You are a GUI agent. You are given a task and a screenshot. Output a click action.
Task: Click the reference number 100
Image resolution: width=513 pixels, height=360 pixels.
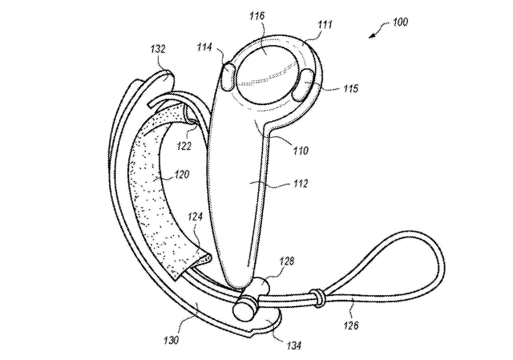tap(400, 22)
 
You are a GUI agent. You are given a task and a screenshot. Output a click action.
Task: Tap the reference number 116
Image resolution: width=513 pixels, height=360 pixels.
tap(256, 16)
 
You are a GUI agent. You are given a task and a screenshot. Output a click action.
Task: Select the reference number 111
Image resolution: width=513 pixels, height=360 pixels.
tap(325, 25)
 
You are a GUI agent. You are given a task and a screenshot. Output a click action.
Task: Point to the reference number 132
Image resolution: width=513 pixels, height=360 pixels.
tap(158, 49)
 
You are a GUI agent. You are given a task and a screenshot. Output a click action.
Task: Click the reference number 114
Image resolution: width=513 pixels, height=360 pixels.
tap(204, 47)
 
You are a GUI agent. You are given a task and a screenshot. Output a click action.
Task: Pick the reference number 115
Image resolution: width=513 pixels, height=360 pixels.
tap(350, 88)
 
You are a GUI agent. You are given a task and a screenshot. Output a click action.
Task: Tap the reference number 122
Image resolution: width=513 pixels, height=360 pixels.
tap(184, 145)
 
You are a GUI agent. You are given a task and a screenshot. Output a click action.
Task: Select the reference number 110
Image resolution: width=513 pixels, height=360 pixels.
tap(301, 151)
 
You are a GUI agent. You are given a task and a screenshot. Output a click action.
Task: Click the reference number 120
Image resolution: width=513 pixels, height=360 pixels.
tap(182, 174)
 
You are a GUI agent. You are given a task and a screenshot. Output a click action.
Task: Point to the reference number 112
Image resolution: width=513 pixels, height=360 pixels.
tap(301, 184)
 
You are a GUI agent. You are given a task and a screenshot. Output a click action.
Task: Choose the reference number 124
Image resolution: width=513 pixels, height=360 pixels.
tap(196, 216)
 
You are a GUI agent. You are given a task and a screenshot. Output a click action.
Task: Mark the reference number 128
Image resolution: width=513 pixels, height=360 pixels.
tap(287, 261)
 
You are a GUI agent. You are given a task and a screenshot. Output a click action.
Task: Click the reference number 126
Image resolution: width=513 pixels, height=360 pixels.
tap(351, 325)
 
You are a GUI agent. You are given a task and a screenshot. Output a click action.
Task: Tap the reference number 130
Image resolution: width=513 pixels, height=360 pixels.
tap(171, 340)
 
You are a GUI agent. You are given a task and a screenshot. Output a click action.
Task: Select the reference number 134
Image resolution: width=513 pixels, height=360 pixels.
tap(293, 346)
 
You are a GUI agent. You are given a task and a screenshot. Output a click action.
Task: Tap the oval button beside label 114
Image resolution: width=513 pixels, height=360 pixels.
tap(228, 76)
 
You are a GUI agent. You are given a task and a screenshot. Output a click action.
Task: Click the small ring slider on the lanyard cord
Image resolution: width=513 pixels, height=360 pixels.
tap(317, 297)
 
